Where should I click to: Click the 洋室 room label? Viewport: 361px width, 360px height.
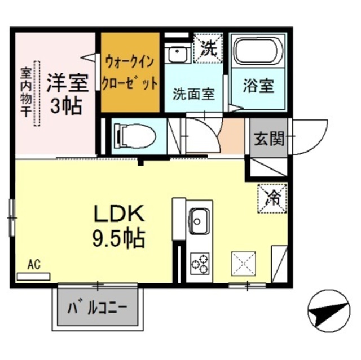point(67,83)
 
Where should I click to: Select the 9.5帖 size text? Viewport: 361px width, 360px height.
point(118,239)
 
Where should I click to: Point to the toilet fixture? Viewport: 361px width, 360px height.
point(134,136)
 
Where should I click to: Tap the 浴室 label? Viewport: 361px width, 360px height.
point(258,87)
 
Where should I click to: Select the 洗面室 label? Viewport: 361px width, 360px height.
point(193,94)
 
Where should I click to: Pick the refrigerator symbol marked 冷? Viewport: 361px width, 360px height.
point(272,198)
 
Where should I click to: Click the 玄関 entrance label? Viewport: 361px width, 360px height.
point(268,138)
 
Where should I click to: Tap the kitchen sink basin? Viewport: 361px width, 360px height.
point(199,220)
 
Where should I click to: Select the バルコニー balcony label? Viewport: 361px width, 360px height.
point(98,308)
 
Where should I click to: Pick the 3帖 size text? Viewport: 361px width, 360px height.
point(67,105)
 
